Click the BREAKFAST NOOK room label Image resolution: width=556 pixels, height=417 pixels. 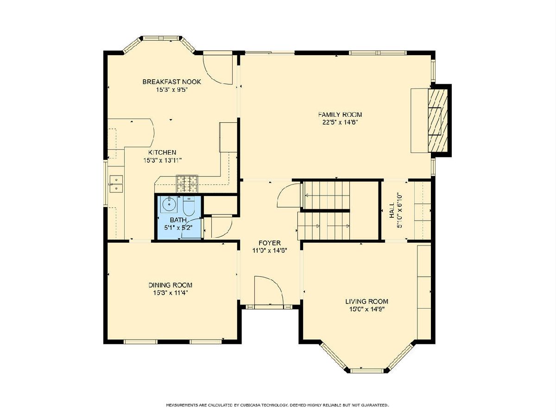click(x=172, y=82)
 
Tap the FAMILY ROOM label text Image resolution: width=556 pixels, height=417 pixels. click(x=340, y=115)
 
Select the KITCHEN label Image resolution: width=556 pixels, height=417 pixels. click(x=162, y=152)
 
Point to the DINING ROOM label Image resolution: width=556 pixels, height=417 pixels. click(x=170, y=285)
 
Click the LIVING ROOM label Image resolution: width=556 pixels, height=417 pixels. click(x=367, y=302)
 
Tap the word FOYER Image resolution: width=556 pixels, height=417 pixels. click(x=270, y=243)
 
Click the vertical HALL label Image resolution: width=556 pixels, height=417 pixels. click(x=392, y=210)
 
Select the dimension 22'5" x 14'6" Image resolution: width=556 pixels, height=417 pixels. click(x=340, y=122)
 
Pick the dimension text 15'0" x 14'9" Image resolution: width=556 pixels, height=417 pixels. click(x=367, y=309)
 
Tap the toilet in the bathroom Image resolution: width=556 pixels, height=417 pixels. click(x=188, y=206)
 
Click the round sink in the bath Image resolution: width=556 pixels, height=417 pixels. click(x=169, y=204)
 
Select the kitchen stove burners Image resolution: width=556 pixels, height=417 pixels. click(x=188, y=184)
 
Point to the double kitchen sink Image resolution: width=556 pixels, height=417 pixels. click(x=116, y=184)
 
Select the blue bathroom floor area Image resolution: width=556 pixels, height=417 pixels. click(x=179, y=217)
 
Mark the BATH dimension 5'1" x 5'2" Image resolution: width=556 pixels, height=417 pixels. click(x=178, y=227)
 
